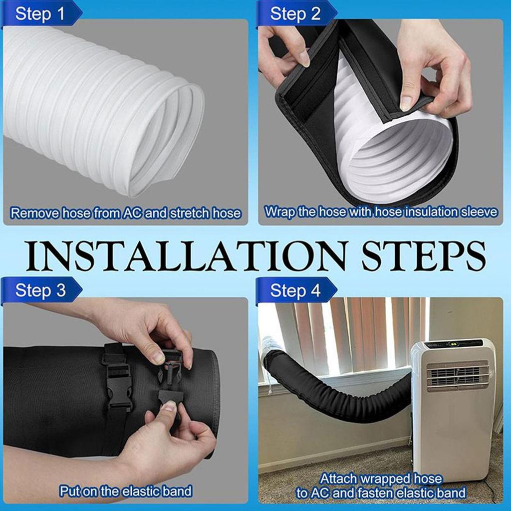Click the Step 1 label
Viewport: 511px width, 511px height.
point(40,13)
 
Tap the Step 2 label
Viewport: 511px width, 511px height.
point(295,13)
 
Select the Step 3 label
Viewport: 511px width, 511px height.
point(40,290)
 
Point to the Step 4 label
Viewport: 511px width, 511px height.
point(295,290)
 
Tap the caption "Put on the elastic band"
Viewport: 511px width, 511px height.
point(125,491)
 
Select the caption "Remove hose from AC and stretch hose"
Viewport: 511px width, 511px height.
point(125,214)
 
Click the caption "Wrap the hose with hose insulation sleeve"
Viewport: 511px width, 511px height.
point(381,212)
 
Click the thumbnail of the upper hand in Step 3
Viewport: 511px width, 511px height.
point(158,358)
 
